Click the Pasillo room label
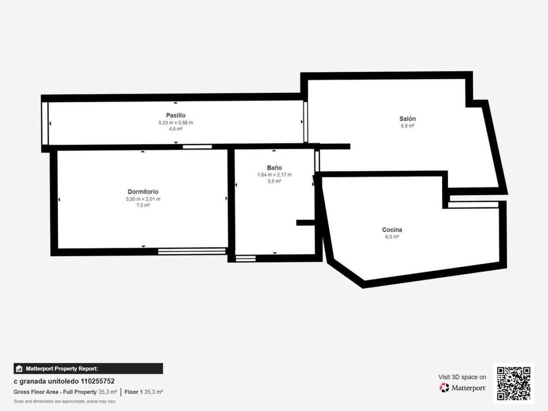[176, 115]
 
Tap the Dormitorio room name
[143, 192]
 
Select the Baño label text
[274, 168]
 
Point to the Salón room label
[408, 119]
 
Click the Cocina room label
[392, 229]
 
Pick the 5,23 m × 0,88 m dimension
[176, 123]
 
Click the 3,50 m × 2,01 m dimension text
[143, 199]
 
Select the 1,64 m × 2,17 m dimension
[274, 175]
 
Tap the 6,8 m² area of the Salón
[408, 126]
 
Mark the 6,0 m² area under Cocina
[392, 237]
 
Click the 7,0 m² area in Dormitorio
[143, 205]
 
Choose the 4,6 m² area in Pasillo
[176, 129]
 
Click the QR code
[514, 383]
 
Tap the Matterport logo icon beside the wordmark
[444, 387]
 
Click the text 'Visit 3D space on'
[462, 377]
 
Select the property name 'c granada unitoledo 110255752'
[64, 381]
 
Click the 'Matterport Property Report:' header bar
[88, 369]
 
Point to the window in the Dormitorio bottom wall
[192, 251]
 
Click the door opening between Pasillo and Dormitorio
[197, 147]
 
